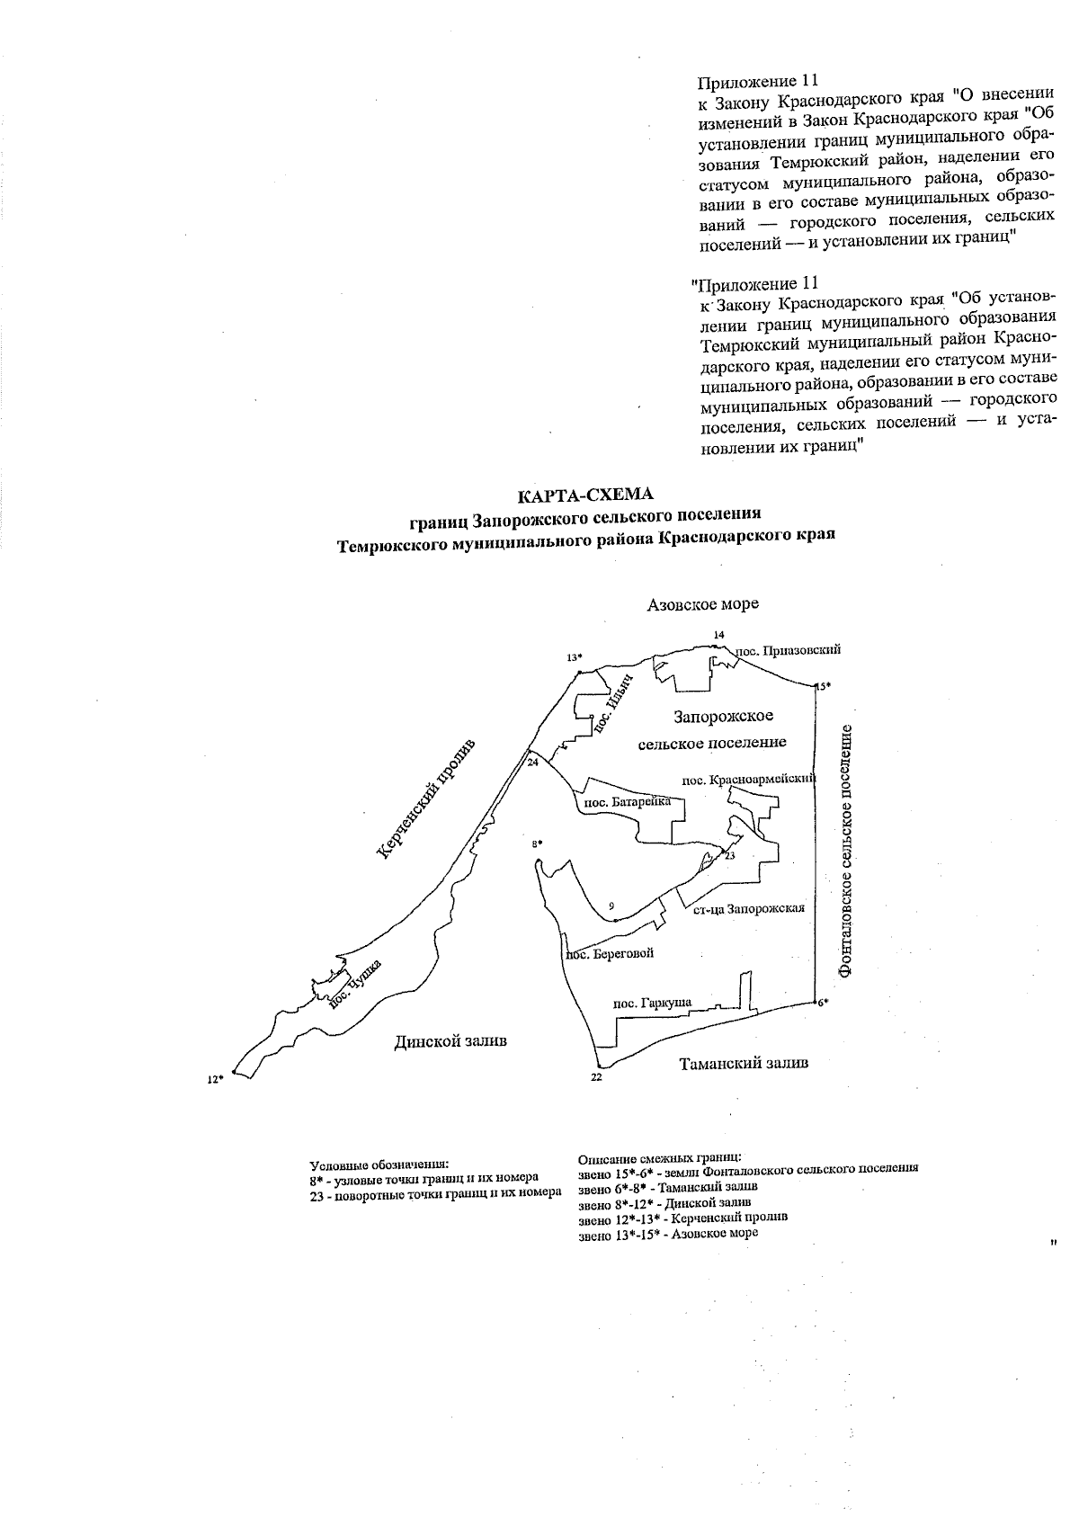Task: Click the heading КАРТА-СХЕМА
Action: point(585,495)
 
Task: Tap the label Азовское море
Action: point(702,604)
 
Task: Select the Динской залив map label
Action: point(450,1040)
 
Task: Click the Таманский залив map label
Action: point(744,1063)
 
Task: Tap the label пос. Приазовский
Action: point(789,649)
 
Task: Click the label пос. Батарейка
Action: point(625,801)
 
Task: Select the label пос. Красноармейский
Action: point(748,778)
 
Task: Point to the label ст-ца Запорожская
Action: point(749,908)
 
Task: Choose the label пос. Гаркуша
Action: point(645,1004)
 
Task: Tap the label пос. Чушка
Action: point(356,985)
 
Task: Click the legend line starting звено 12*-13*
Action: point(683,1217)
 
